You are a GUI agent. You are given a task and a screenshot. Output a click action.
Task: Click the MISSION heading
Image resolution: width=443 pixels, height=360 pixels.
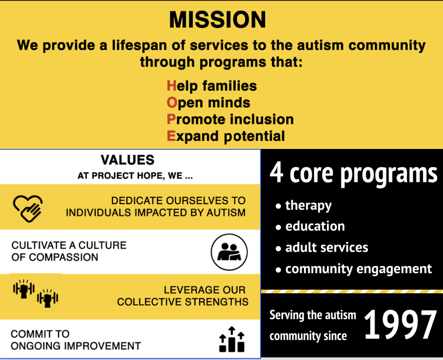pyautogui.click(x=218, y=20)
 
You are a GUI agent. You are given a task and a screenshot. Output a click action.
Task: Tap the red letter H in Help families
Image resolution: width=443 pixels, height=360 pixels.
pyautogui.click(x=171, y=86)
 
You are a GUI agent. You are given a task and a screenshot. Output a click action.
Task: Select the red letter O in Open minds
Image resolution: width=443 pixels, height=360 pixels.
pyautogui.click(x=172, y=102)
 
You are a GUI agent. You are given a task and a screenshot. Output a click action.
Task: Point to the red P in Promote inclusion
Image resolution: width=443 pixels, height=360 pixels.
pyautogui.click(x=171, y=119)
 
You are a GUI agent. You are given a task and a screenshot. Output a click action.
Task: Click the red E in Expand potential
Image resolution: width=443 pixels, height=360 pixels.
pyautogui.click(x=171, y=136)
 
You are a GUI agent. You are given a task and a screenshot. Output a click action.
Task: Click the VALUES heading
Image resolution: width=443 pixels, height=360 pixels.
pyautogui.click(x=128, y=160)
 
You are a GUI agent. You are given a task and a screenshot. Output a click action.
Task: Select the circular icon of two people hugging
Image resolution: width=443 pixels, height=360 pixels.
pyautogui.click(x=229, y=252)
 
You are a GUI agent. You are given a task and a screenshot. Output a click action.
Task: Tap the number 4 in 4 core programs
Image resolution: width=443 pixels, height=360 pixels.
pyautogui.click(x=277, y=173)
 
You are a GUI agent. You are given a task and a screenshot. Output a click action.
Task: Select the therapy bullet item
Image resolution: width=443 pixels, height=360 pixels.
pyautogui.click(x=308, y=206)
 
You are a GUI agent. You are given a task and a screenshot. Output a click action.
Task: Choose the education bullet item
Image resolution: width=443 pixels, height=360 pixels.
pyautogui.click(x=315, y=226)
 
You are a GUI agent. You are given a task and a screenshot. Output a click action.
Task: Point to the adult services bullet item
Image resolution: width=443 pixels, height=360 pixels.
pyautogui.click(x=326, y=247)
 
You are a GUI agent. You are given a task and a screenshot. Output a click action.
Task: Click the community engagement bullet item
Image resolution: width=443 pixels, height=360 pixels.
pyautogui.click(x=358, y=269)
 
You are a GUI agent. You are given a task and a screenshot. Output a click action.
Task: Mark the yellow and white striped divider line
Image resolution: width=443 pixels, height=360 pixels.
pyautogui.click(x=352, y=291)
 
